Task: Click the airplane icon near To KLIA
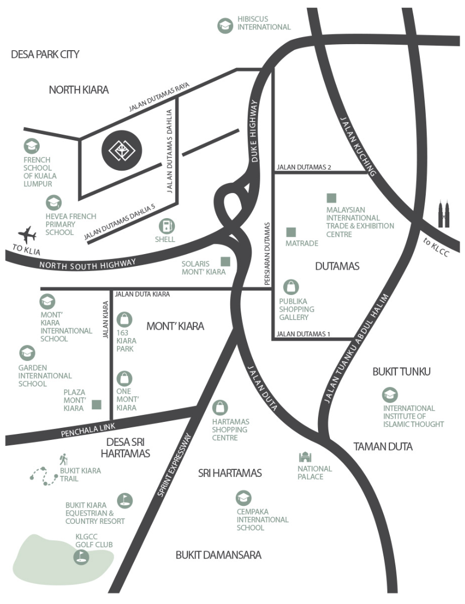click(27, 234)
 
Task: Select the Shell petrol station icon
click(167, 226)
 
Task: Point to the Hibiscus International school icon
click(225, 26)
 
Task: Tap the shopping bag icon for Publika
click(291, 287)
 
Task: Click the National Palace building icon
click(305, 457)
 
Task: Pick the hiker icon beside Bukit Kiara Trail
click(64, 459)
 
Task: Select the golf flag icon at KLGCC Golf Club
click(81, 557)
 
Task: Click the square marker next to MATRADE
click(291, 232)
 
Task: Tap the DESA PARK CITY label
click(45, 55)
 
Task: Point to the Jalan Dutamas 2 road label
click(304, 167)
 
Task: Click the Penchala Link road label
click(88, 430)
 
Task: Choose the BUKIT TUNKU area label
click(401, 372)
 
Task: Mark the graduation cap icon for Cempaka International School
click(243, 498)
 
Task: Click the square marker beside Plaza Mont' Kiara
click(96, 404)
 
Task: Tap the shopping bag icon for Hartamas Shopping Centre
click(219, 408)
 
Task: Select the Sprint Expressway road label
click(174, 465)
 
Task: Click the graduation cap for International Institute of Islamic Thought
click(390, 395)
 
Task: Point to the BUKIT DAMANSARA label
click(218, 555)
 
